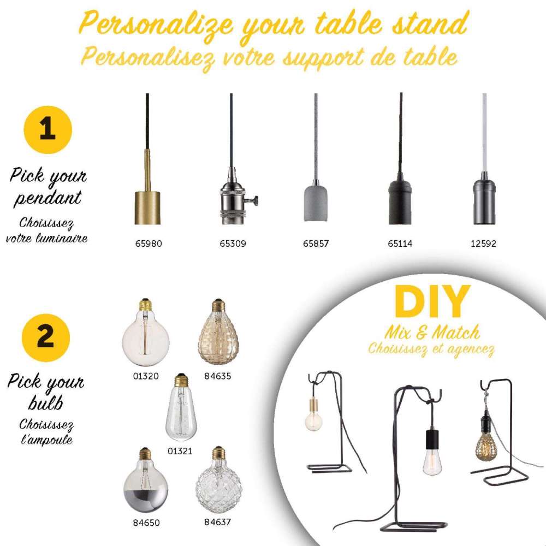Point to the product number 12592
[x=483, y=244]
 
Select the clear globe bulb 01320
[x=145, y=336]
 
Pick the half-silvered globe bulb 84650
[x=146, y=480]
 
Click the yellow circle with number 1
[x=48, y=130]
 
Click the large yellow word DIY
[x=432, y=302]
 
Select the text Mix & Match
[x=431, y=331]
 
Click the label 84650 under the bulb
[x=146, y=523]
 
